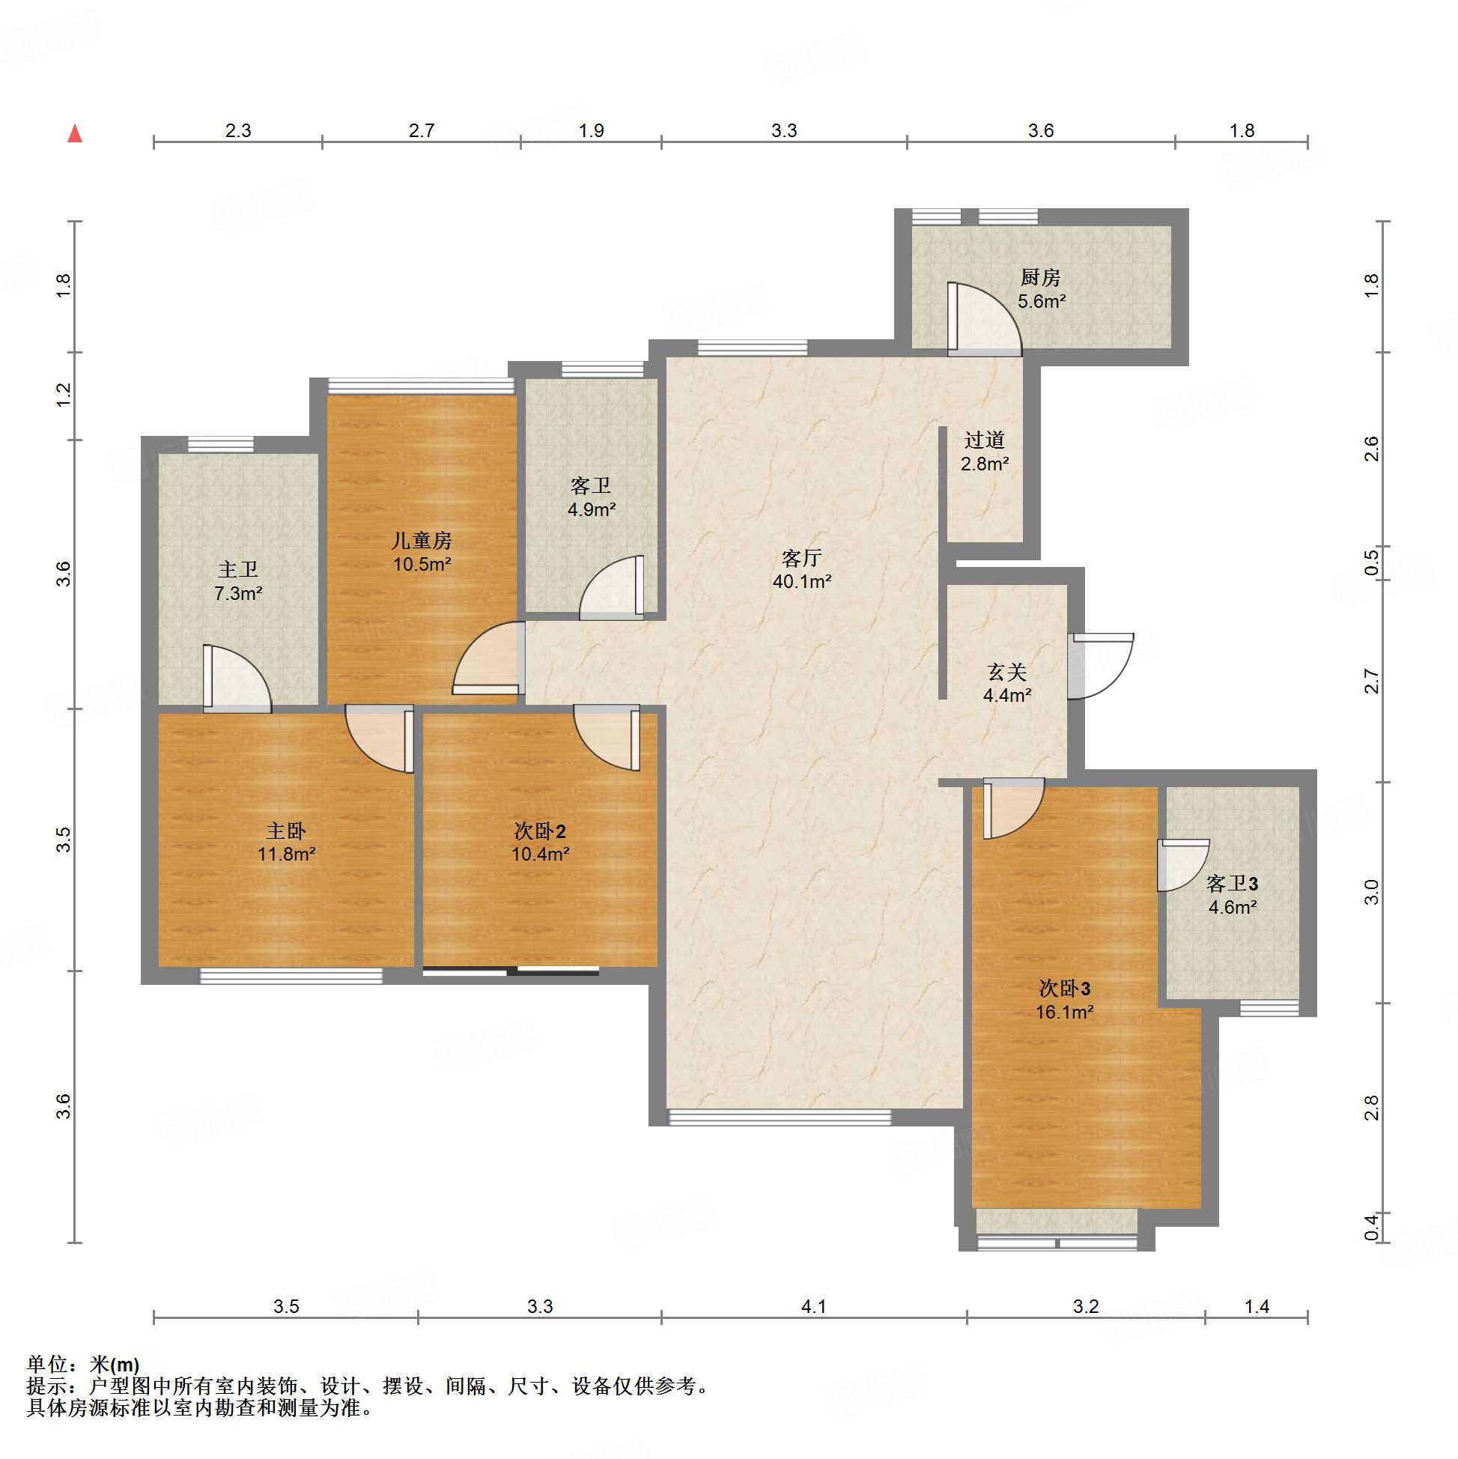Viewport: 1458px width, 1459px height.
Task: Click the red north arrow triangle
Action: [75, 133]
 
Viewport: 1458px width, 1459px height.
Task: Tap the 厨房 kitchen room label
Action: [1040, 278]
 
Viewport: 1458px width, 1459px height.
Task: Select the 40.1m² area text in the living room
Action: [802, 581]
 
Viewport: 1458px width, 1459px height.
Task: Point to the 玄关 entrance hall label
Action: [1007, 671]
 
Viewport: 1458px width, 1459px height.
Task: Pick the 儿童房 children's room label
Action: [422, 540]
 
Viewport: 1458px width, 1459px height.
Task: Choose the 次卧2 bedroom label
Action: [540, 831]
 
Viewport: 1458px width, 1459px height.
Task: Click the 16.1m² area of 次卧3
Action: [1065, 1012]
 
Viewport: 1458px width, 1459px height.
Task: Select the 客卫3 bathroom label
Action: [1233, 884]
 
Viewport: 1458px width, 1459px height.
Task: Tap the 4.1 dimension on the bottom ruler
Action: [813, 1306]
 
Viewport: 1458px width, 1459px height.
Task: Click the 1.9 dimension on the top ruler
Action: [591, 130]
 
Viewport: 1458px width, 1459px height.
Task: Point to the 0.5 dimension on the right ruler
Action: [1372, 562]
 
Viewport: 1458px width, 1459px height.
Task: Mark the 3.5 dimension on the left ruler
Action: [64, 840]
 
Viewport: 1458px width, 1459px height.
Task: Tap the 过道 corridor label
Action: [984, 440]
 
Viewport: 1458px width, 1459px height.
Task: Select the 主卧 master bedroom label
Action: [285, 831]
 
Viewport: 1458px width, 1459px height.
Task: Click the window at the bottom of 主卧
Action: [291, 976]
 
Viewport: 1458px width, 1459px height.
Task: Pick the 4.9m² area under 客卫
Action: [591, 510]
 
